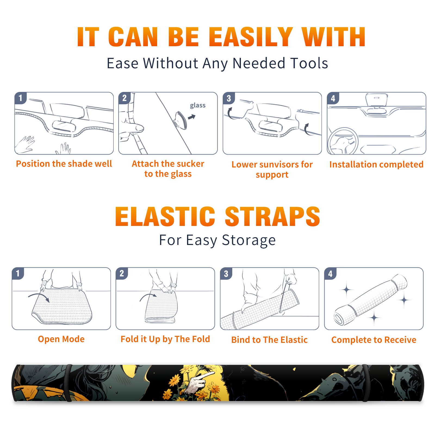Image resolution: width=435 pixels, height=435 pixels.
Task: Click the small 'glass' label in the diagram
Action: [198, 105]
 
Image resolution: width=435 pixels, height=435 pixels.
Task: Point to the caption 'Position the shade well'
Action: [64, 164]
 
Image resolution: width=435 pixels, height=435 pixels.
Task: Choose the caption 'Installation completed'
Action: [376, 164]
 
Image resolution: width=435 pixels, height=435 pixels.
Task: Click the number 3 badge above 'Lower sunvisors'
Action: [229, 98]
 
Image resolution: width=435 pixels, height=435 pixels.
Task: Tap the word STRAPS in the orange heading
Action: [273, 216]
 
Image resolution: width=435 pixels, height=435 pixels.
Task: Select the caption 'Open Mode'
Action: [61, 339]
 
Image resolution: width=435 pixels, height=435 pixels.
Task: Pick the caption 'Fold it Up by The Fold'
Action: [165, 339]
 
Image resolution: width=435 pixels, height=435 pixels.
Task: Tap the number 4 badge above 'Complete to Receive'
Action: [330, 274]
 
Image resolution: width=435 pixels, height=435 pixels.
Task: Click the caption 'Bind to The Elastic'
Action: [269, 340]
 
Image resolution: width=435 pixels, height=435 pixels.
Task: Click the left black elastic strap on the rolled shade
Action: [69, 383]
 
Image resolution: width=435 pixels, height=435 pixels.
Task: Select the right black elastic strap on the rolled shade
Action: [365, 383]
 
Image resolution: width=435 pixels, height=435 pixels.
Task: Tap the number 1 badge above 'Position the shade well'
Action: [20, 98]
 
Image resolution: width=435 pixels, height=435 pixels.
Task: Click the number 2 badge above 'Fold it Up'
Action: [122, 274]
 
